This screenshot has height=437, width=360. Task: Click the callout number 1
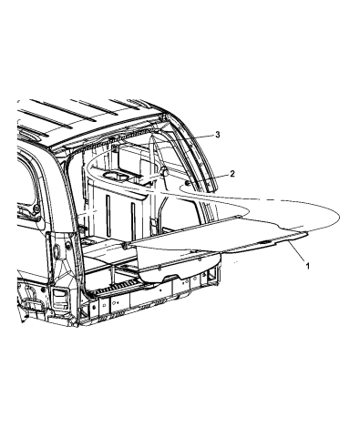pyautogui.click(x=307, y=266)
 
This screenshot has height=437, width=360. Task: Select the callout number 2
pyautogui.click(x=232, y=174)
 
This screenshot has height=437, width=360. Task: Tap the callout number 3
pyautogui.click(x=218, y=135)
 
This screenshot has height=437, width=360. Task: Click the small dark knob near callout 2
pyautogui.click(x=188, y=184)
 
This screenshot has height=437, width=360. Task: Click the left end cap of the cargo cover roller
pyautogui.click(x=125, y=245)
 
